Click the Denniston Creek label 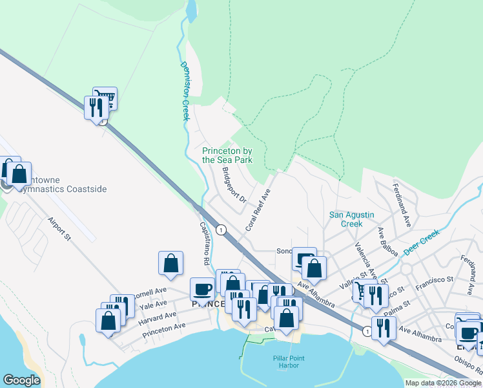click(184, 91)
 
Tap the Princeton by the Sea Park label click(227, 155)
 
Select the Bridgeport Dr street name click(234, 186)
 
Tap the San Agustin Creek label click(351, 219)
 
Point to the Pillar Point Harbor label click(288, 362)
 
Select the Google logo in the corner click(21, 380)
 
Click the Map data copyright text click(443, 383)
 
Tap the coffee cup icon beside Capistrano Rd click(202, 289)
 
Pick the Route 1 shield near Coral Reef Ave click(221, 230)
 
